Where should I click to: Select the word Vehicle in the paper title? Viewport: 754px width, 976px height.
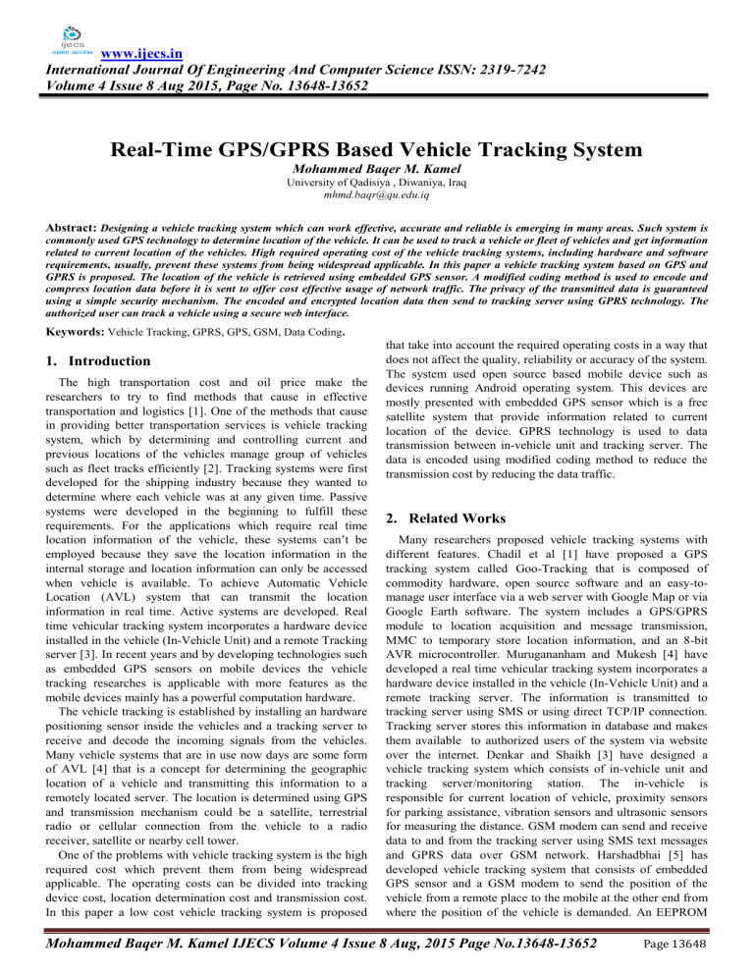click(460, 153)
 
